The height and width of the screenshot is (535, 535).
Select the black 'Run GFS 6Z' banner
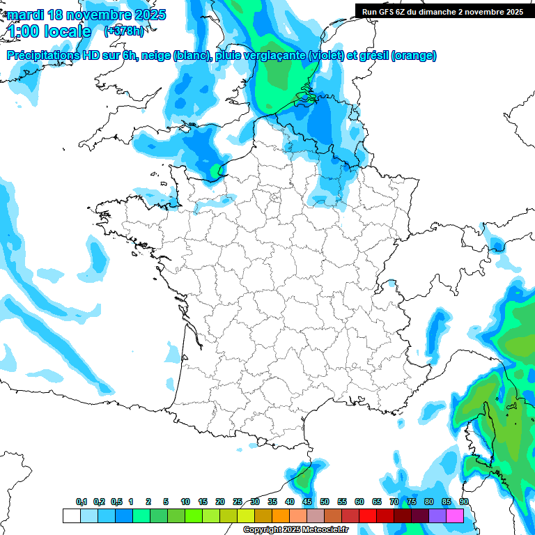[442, 11]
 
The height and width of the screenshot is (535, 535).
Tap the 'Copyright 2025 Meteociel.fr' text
[295, 530]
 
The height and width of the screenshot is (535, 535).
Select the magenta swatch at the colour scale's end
[455, 515]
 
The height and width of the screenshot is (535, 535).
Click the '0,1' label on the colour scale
[82, 502]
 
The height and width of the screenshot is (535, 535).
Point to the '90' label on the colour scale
[464, 502]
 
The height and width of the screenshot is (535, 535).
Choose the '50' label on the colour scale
[325, 502]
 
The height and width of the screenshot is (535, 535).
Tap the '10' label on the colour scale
[185, 502]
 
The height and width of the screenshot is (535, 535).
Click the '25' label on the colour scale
[238, 502]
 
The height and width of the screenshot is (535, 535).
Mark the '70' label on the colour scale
[394, 502]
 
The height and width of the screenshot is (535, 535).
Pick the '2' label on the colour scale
[148, 502]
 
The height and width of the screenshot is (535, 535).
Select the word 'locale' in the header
[67, 31]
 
